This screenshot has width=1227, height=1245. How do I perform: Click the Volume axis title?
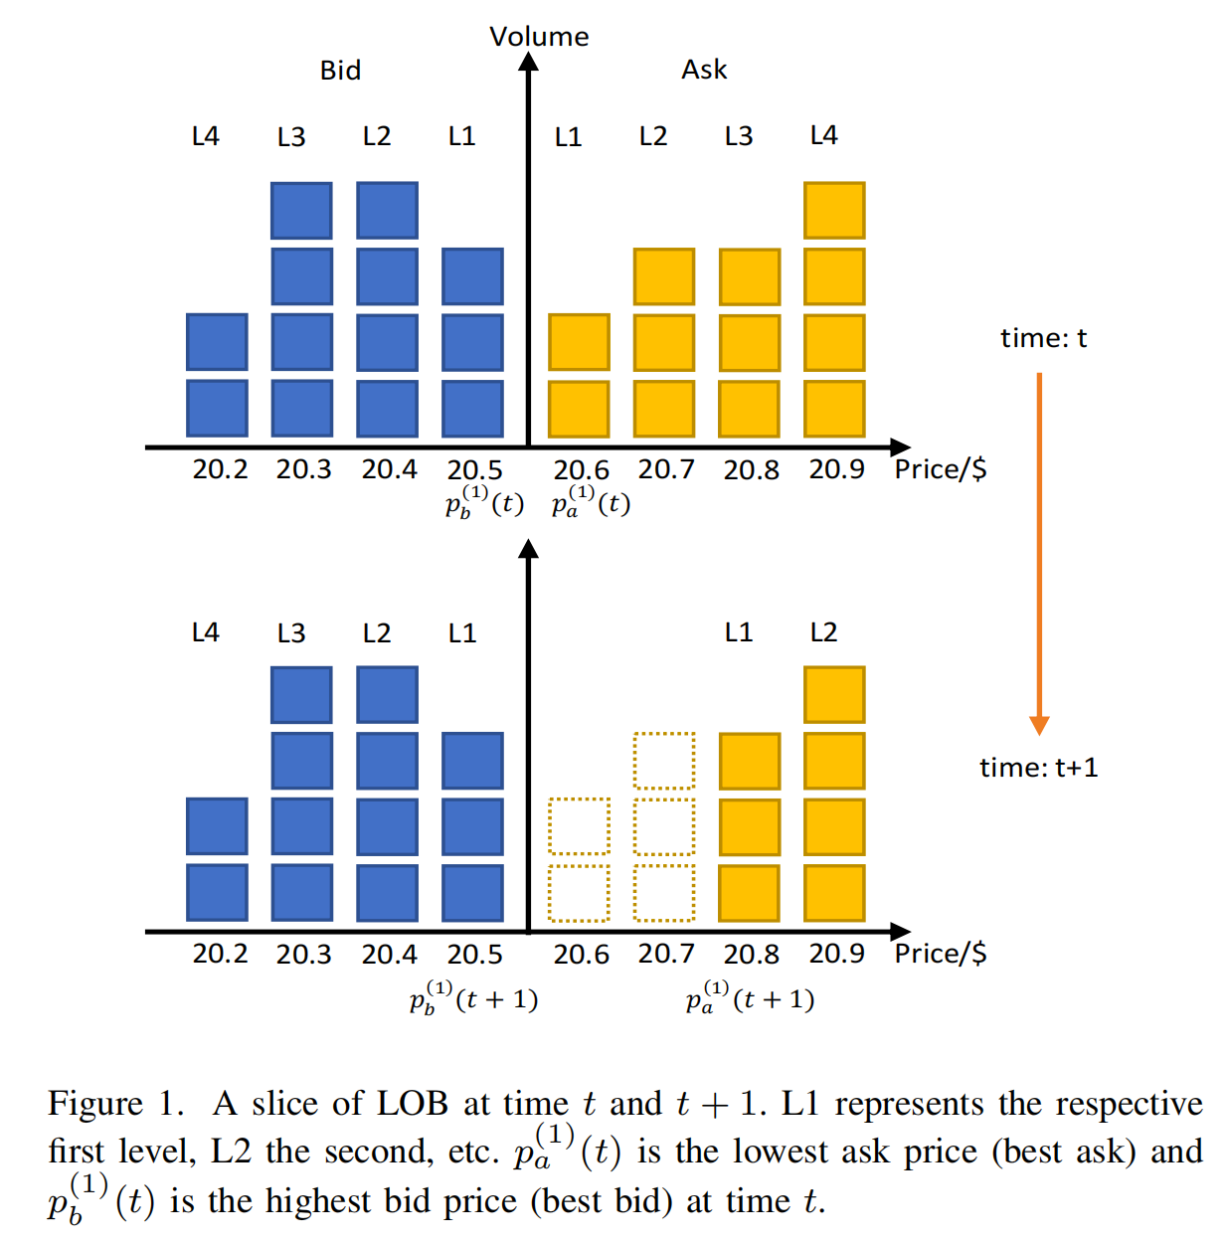(539, 37)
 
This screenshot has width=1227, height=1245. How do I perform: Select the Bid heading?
(340, 71)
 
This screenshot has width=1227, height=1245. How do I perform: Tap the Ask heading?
(704, 70)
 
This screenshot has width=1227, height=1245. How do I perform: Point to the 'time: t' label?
(1043, 338)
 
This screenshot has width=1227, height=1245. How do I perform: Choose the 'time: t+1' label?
(1038, 768)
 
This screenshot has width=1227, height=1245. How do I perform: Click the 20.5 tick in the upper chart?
(474, 469)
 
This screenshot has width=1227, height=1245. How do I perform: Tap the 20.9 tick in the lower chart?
(836, 954)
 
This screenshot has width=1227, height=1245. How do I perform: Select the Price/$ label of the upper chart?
(941, 469)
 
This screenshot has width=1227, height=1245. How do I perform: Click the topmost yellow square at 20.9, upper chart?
(834, 211)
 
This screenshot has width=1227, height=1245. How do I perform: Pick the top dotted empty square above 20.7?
(664, 761)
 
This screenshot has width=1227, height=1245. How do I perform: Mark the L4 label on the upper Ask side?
(823, 135)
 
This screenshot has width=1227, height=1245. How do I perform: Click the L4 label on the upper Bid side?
(205, 136)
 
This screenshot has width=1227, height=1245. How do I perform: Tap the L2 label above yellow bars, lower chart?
(823, 632)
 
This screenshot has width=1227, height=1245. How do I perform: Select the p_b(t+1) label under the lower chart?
(473, 997)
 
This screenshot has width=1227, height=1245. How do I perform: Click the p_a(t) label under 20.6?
(591, 501)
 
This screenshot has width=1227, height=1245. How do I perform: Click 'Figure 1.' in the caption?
(116, 1104)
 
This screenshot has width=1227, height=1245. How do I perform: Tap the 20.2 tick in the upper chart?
(220, 469)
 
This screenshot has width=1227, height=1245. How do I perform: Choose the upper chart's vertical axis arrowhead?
(529, 62)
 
